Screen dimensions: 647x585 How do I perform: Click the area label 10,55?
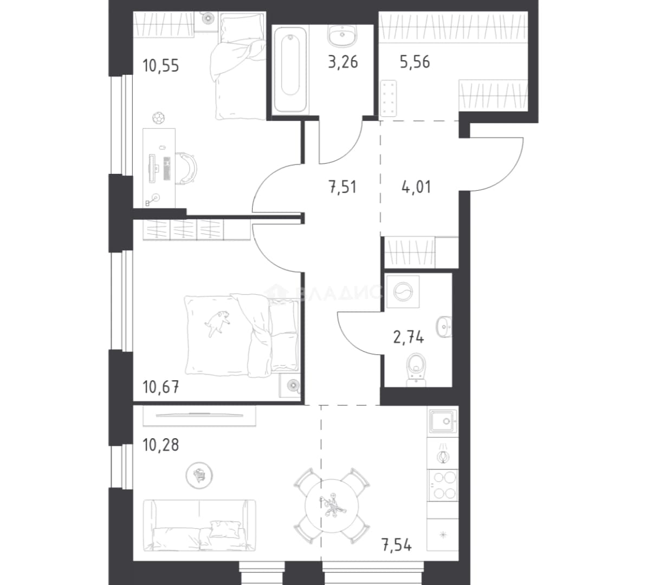[160, 66]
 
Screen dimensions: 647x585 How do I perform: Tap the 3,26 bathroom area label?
[342, 62]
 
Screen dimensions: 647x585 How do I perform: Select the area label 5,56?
[415, 62]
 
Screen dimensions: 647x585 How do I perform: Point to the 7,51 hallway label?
[342, 187]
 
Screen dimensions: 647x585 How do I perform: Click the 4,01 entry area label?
[416, 187]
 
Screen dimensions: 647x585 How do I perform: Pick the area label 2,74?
[409, 338]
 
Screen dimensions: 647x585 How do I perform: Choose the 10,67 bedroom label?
[160, 387]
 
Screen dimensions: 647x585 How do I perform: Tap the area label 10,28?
[160, 445]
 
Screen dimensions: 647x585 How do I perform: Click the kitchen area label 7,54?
[397, 545]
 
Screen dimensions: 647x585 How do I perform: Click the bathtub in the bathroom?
[290, 69]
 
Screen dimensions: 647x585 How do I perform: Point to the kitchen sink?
[443, 421]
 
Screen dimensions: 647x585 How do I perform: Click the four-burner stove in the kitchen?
[443, 485]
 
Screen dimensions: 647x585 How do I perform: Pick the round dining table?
[332, 505]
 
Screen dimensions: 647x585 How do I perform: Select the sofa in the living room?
[199, 525]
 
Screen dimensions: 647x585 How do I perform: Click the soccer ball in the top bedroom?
[158, 118]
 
